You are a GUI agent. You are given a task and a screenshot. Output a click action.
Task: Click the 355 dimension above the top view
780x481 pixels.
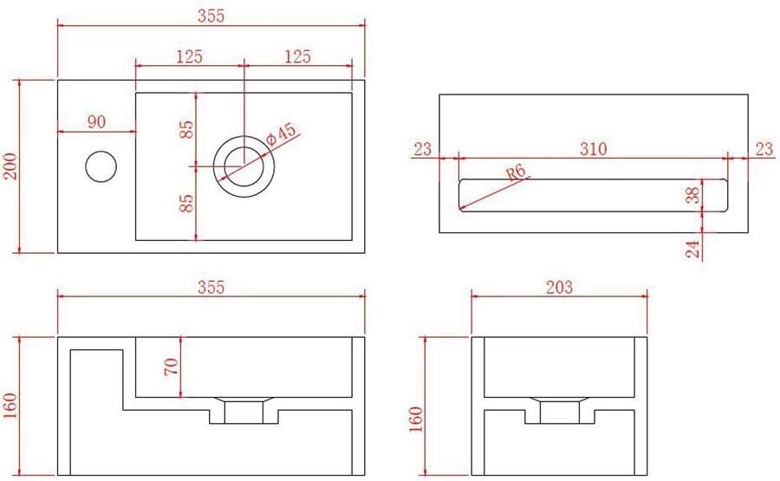coord(211,15)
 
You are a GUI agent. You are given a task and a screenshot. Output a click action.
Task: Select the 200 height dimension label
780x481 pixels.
coord(10,166)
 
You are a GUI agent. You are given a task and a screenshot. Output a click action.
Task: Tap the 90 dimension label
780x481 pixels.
coord(96,122)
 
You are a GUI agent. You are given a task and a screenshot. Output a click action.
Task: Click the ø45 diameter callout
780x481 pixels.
coord(283,134)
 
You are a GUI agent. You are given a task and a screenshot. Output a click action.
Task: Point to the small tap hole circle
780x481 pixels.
coord(101,165)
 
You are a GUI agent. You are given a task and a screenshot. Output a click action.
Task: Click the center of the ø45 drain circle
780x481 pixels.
coord(245,165)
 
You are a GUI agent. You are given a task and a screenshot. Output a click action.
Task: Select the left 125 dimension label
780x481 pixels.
coord(189,57)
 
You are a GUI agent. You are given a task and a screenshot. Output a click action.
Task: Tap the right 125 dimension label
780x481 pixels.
coord(297,57)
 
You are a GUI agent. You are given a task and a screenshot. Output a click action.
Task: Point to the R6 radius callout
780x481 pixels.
coord(518,173)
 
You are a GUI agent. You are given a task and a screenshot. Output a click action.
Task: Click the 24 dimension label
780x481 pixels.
coord(692,249)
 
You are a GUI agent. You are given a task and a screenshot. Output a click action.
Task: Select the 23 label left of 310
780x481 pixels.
coord(422,149)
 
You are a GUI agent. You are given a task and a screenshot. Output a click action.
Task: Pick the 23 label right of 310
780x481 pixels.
coord(763,149)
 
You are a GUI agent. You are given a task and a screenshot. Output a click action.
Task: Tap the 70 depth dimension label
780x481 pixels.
coord(172,367)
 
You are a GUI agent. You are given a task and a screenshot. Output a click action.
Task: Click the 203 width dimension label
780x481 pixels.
coord(559,288)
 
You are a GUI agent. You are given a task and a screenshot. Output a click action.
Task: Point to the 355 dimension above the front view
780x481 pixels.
coord(211,288)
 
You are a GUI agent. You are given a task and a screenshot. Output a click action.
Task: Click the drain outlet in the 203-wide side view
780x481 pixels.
coord(558,411)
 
